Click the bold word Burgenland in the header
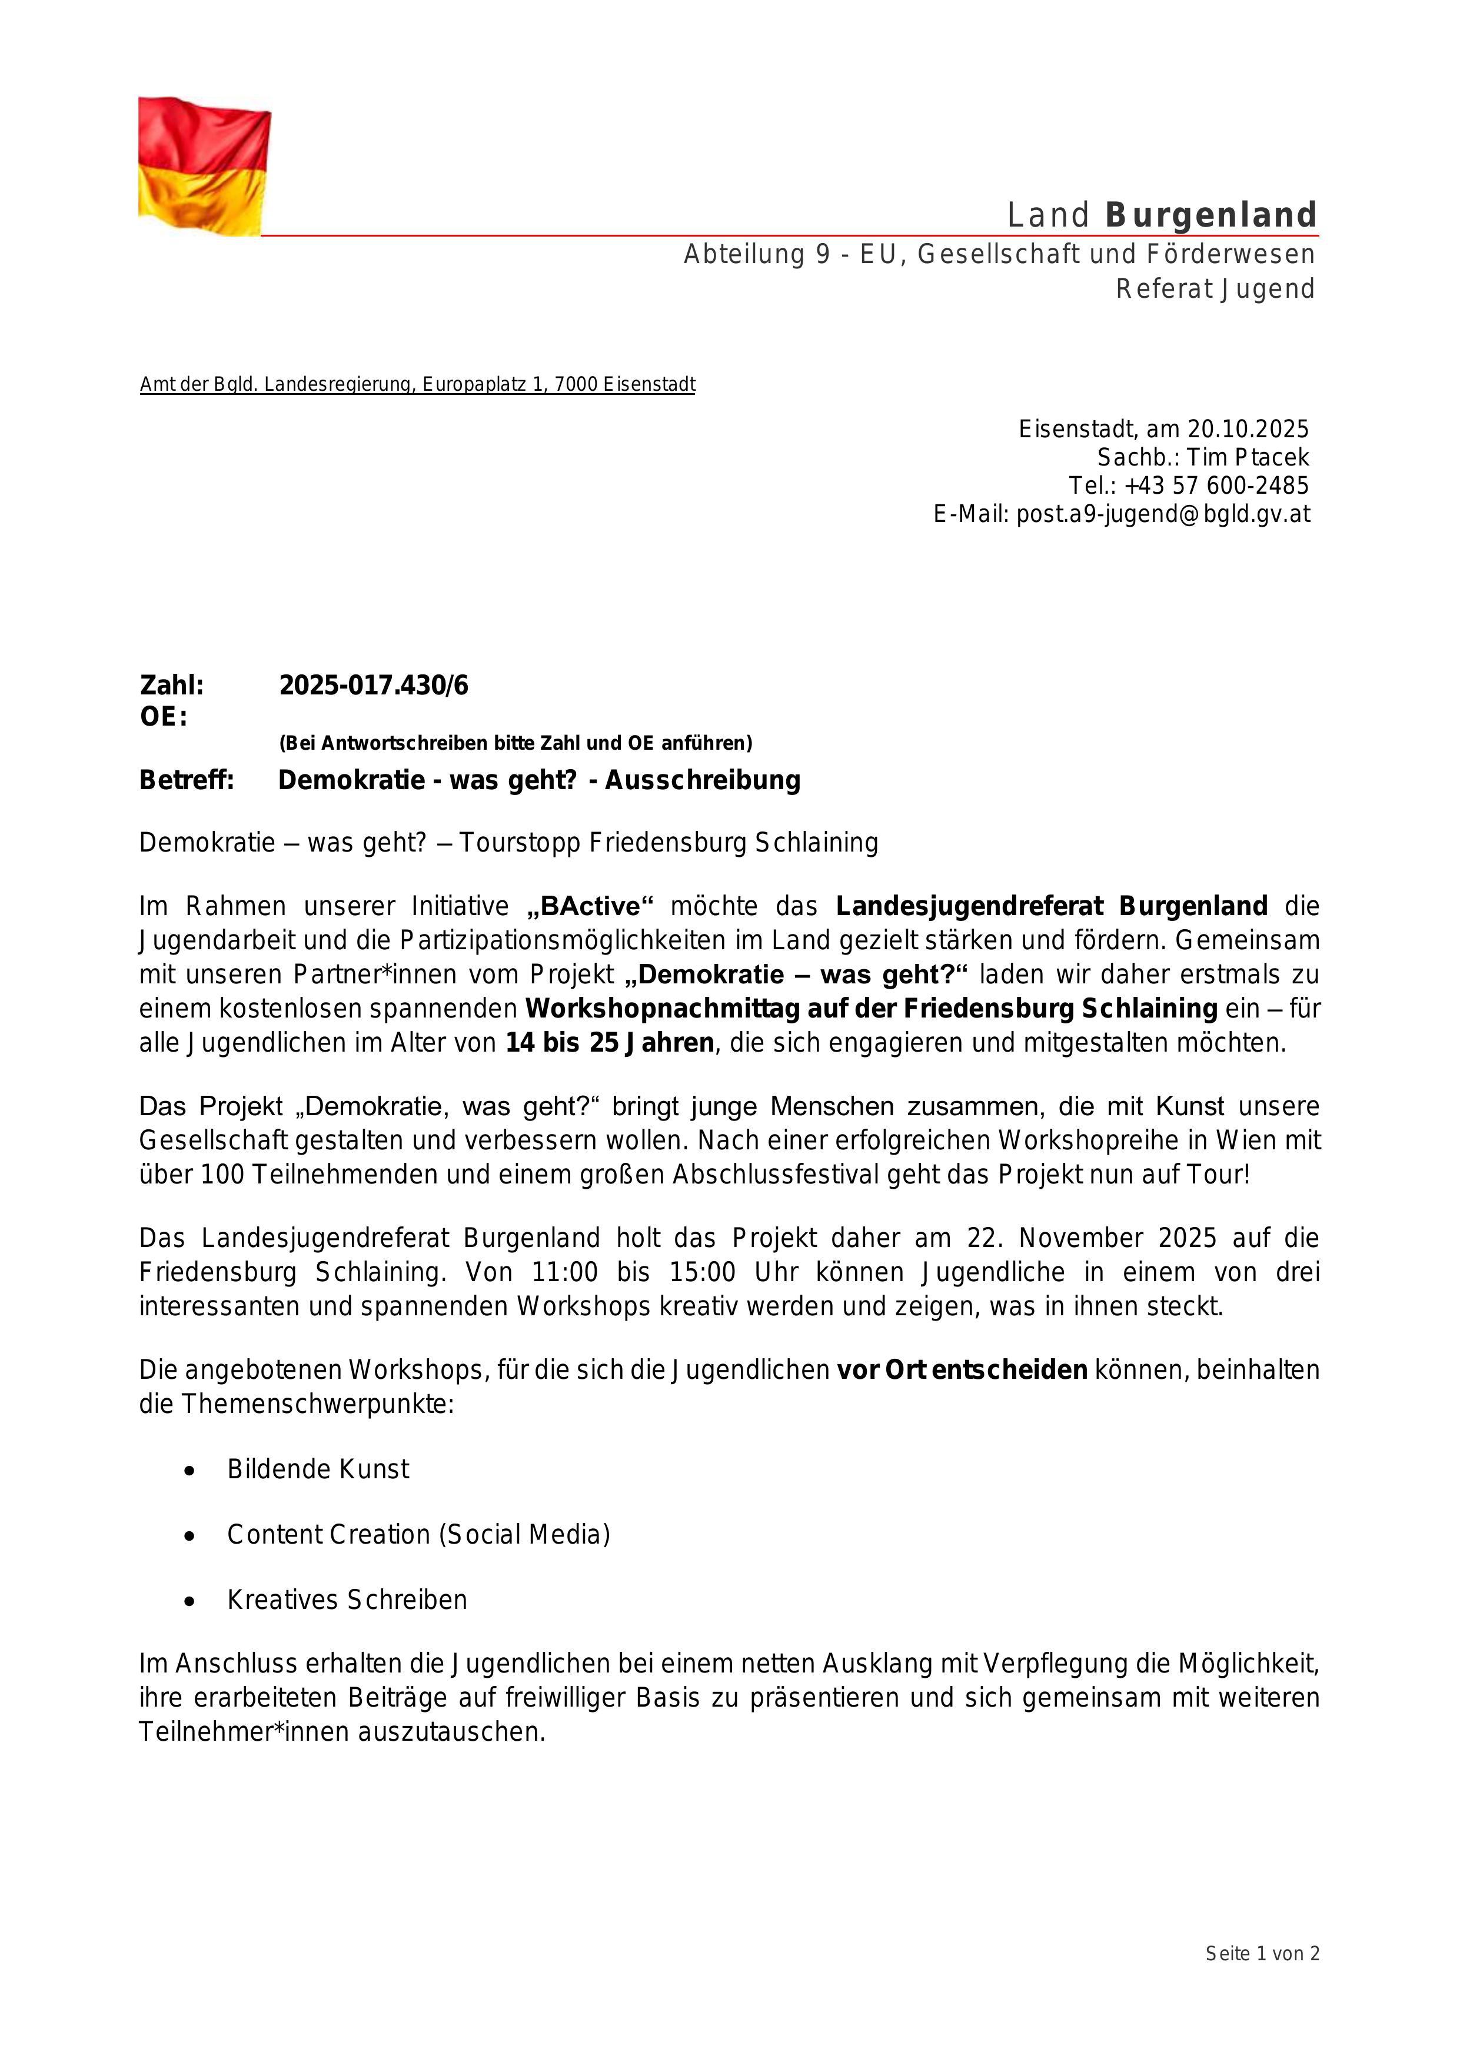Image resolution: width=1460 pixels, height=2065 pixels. tap(1211, 216)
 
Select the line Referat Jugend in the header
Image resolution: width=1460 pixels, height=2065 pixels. tap(1215, 289)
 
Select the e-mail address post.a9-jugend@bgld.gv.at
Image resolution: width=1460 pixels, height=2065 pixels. tap(1163, 514)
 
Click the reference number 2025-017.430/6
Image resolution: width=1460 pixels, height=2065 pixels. tap(373, 686)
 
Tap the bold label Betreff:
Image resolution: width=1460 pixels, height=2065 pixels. tap(186, 780)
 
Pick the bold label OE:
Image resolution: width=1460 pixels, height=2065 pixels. tap(163, 717)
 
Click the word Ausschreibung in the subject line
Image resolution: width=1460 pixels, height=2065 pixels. tap(703, 780)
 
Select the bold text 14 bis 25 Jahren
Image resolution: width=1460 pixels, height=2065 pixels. tap(610, 1043)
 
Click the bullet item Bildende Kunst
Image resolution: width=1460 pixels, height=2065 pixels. tap(318, 1469)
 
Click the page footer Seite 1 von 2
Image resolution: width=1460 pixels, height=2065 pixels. tap(1262, 1953)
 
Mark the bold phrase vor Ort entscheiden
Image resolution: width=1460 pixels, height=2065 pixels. tap(962, 1371)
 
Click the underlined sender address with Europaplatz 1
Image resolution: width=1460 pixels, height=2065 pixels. tap(417, 385)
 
